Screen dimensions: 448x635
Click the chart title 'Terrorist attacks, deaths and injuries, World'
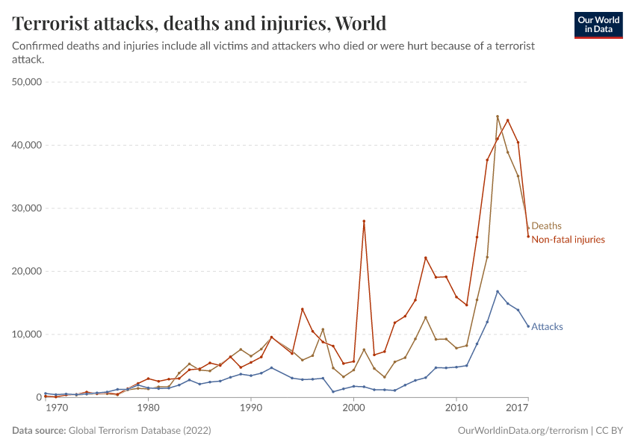(x=199, y=24)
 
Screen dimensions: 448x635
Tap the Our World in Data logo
(x=598, y=25)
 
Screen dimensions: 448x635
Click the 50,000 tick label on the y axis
(x=27, y=81)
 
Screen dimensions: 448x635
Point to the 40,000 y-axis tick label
(x=27, y=145)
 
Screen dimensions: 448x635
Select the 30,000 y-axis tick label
(x=27, y=208)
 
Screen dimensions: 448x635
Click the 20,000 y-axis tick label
(x=27, y=271)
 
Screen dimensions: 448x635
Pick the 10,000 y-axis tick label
(x=27, y=334)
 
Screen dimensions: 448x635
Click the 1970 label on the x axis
(x=56, y=408)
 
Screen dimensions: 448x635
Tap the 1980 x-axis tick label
(x=148, y=408)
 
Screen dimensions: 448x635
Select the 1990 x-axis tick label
(x=251, y=408)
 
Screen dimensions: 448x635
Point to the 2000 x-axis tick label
(x=353, y=408)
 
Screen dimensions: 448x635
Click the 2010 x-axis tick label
(x=456, y=408)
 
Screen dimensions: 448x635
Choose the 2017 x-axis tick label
(x=517, y=408)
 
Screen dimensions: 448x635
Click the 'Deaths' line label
(x=546, y=226)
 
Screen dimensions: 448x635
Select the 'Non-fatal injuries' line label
(x=568, y=240)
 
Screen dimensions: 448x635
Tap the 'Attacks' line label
(x=547, y=327)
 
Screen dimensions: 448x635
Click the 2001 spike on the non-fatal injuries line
(x=364, y=221)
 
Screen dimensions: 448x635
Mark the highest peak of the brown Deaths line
(x=498, y=116)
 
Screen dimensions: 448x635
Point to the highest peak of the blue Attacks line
(x=498, y=291)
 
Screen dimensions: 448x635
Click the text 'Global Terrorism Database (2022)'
(x=140, y=431)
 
